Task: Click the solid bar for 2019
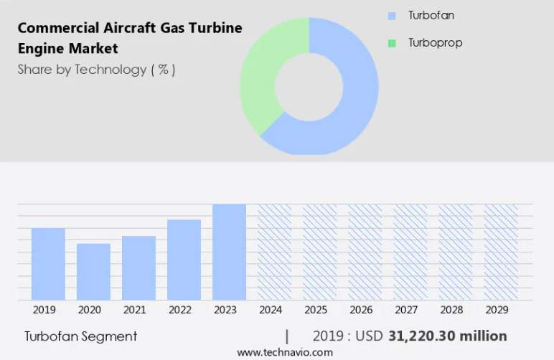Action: coord(48,264)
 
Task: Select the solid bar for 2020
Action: coord(93,272)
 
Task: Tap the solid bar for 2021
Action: coord(138,268)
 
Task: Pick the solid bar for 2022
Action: coord(184,260)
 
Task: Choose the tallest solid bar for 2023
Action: coord(230,252)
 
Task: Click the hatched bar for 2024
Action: coord(275,252)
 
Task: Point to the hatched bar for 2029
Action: coord(501,252)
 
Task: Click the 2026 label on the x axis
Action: coord(361,310)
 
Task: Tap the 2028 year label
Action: coord(451,310)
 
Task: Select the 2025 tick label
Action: coord(316,310)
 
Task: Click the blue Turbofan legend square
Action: coord(392,16)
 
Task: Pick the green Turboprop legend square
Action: coord(392,43)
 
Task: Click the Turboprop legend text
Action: coord(436,43)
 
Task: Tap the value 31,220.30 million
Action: coord(448,336)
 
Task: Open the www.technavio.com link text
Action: coord(285,352)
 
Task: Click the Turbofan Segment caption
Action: coord(80,337)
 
